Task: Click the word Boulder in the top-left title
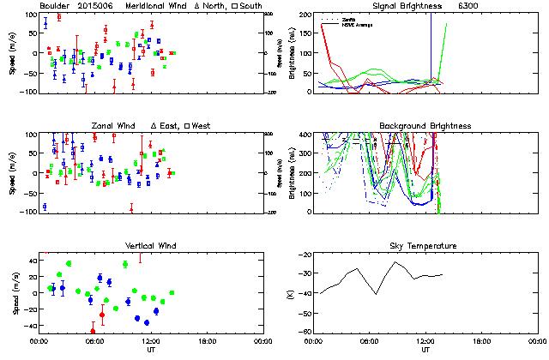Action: tap(57, 6)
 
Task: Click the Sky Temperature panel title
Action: tap(425, 246)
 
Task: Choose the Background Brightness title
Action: tap(425, 126)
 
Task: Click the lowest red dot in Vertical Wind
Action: tap(93, 331)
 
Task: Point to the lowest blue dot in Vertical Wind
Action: tap(147, 322)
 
